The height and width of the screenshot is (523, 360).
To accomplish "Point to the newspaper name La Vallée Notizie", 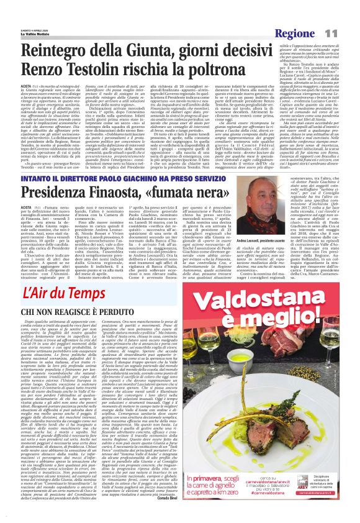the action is [28, 16].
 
